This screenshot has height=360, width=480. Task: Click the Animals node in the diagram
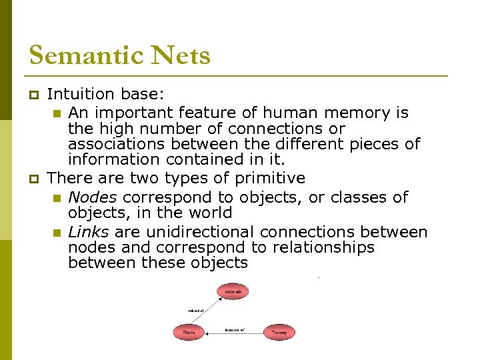pyautogui.click(x=233, y=291)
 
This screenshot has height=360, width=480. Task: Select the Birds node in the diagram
pyautogui.click(x=189, y=331)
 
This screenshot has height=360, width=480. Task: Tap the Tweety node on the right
pyautogui.click(x=279, y=331)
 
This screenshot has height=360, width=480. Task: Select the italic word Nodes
pyautogui.click(x=93, y=197)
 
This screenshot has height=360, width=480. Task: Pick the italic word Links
pyautogui.click(x=89, y=232)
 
